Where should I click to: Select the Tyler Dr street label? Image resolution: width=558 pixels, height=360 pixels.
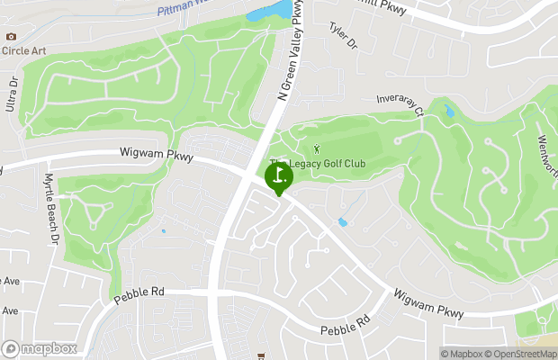pyautogui.click(x=344, y=38)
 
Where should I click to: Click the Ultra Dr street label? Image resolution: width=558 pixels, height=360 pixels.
pyautogui.click(x=13, y=94)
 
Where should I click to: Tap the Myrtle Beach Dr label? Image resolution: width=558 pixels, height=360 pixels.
pyautogui.click(x=51, y=209)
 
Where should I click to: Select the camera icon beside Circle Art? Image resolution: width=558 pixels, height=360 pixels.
pyautogui.click(x=11, y=36)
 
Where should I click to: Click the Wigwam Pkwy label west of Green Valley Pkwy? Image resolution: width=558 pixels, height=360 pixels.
pyautogui.click(x=157, y=155)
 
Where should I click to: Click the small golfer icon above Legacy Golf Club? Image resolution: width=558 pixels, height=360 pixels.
pyautogui.click(x=316, y=148)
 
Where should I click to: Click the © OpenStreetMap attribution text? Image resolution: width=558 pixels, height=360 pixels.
pyautogui.click(x=521, y=353)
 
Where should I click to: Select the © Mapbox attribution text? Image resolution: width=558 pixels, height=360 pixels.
pyautogui.click(x=461, y=353)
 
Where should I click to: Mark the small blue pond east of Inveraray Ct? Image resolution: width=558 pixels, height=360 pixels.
pyautogui.click(x=448, y=112)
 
